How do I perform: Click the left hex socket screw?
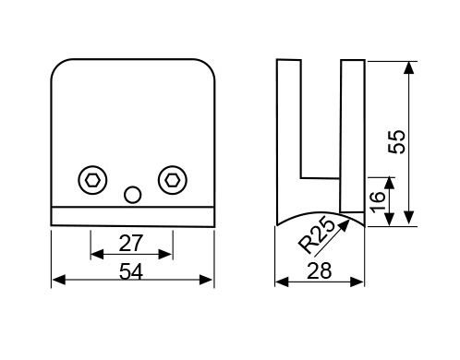[92, 180]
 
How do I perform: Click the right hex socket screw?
[173, 180]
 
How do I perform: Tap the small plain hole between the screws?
[132, 195]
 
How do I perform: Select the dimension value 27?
[131, 243]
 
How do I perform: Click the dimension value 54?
[131, 272]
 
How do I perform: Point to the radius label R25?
[316, 235]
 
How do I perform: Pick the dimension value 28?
[320, 270]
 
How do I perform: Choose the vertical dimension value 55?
[397, 142]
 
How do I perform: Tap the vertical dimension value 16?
[378, 202]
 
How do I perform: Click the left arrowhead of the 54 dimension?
[59, 280]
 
